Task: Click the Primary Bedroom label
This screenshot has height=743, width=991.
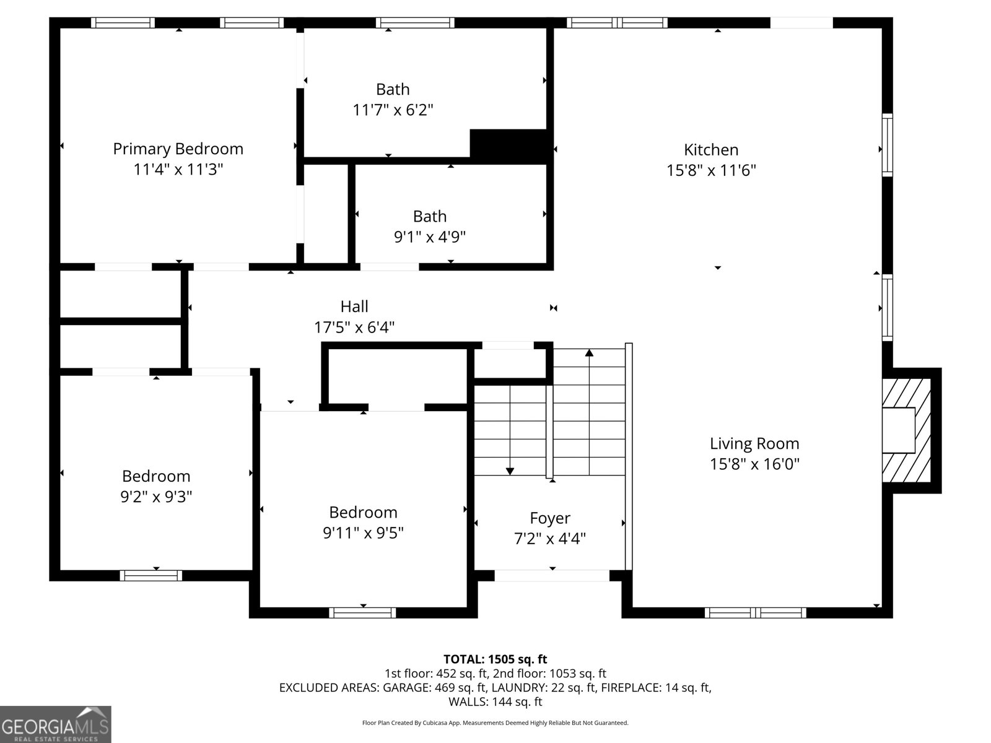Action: [178, 149]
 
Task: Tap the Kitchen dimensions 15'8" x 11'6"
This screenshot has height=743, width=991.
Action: [711, 170]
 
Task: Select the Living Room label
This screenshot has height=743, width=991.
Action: [754, 443]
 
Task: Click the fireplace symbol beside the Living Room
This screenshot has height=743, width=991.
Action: [906, 430]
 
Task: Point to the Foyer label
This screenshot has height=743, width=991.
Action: [549, 518]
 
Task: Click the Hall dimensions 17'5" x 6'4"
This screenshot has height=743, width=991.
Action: [354, 327]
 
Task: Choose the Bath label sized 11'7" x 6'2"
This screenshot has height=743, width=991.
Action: [393, 89]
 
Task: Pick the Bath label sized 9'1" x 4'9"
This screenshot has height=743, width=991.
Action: [429, 216]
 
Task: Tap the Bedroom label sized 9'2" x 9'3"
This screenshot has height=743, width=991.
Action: [156, 476]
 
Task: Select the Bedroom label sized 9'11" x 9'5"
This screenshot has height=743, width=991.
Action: [363, 512]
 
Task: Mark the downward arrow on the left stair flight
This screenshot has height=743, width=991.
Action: [510, 471]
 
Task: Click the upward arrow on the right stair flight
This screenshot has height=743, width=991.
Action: [589, 353]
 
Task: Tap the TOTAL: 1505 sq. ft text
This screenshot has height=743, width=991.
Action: [495, 659]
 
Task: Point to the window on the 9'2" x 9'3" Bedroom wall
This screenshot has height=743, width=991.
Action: [151, 575]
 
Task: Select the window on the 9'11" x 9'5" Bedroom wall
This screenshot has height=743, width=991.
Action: [362, 612]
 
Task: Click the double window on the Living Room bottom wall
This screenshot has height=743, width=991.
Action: [755, 612]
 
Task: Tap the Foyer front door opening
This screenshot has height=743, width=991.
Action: [552, 576]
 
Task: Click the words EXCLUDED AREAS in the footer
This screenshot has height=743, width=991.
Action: [328, 687]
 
